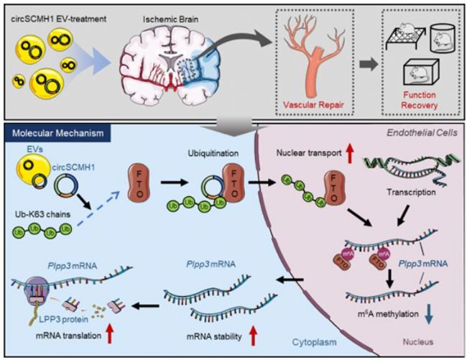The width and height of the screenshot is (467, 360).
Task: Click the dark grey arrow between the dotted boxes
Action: point(366,70)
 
